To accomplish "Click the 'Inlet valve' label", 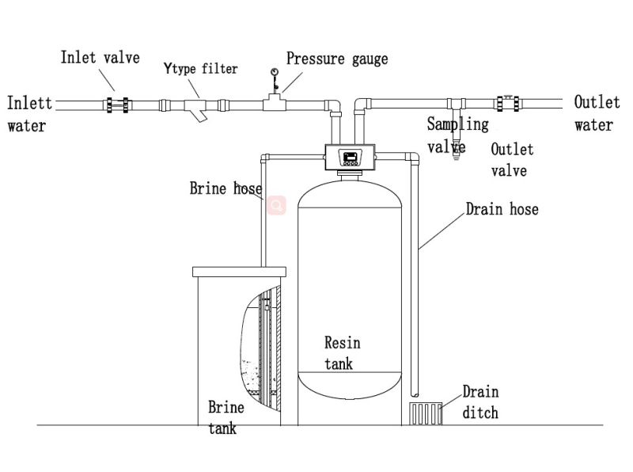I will pos(100,57).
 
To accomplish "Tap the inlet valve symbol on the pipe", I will pos(120,104).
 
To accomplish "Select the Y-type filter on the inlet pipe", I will pos(197,107).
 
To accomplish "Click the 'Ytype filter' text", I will pos(200,70).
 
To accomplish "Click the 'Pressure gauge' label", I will pos(337,59).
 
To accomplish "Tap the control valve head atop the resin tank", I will pos(350,156).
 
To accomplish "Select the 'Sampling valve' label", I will pos(457,135).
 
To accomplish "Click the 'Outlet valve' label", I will pos(512,159).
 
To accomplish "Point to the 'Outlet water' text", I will pos(593,113).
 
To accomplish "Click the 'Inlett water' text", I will pos(28,113).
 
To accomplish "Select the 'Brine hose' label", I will pos(226,188).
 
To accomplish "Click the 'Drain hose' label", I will pos(502,209).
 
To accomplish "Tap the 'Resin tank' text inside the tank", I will pos(342,352).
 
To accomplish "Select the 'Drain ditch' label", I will pos(480,402).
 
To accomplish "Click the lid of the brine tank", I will pos(237,271).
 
